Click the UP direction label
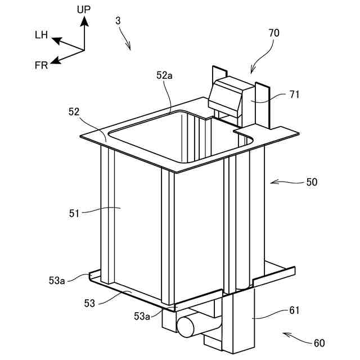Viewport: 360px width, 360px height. pyautogui.click(x=84, y=10)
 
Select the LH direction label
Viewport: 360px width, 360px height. pyautogui.click(x=41, y=35)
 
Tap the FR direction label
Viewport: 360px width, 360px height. pyautogui.click(x=41, y=65)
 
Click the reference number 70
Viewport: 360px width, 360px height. pyautogui.click(x=273, y=33)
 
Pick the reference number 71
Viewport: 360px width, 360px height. pyautogui.click(x=294, y=94)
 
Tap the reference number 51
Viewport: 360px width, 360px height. pyautogui.click(x=75, y=213)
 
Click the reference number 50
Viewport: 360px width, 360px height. pyautogui.click(x=311, y=182)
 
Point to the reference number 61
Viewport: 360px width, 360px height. pyautogui.click(x=294, y=310)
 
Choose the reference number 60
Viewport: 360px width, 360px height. pyautogui.click(x=319, y=343)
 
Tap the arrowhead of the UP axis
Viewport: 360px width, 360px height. pyautogui.click(x=84, y=20)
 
